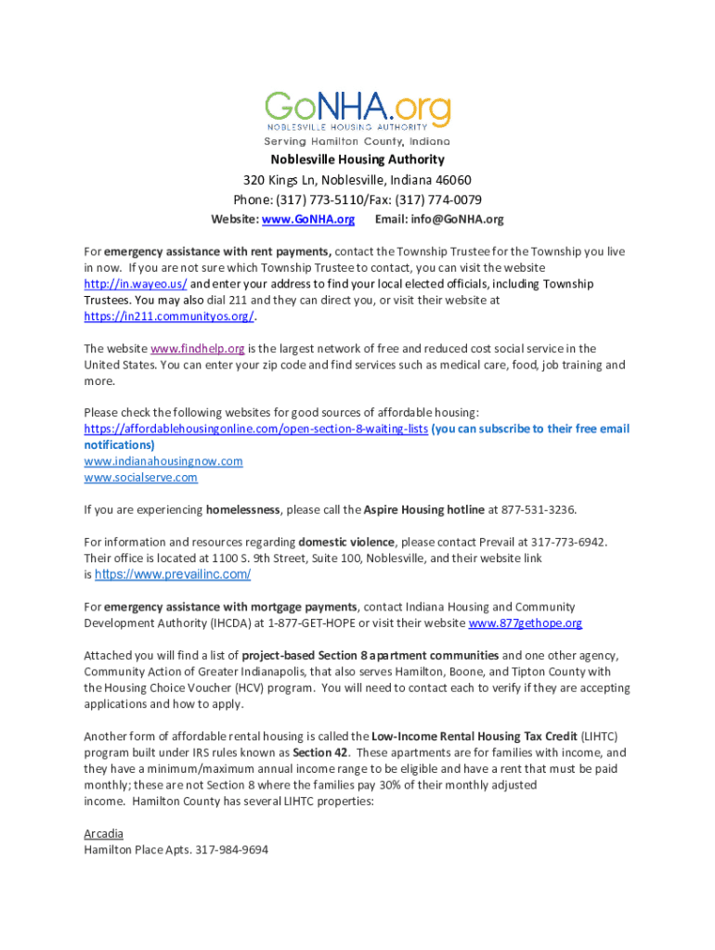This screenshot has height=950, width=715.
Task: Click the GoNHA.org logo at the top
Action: coord(357,115)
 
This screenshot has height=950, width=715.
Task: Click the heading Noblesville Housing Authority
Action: coord(357,160)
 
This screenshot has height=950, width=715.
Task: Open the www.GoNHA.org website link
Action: coord(308,220)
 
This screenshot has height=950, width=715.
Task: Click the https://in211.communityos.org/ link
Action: coord(168,316)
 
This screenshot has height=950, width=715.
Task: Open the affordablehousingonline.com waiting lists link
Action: coord(255,429)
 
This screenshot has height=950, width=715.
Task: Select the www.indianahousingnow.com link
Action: coord(163,461)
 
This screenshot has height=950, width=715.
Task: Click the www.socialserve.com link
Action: coord(140,478)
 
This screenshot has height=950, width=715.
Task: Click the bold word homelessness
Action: coord(243,510)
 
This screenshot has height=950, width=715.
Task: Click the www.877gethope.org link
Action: coord(526,623)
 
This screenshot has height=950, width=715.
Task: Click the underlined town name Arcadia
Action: coord(103,833)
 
